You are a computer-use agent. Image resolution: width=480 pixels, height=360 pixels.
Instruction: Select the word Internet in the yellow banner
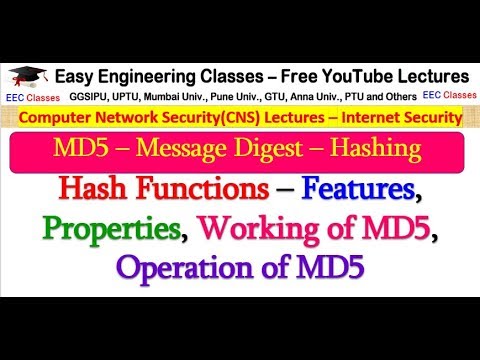[363, 118]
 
